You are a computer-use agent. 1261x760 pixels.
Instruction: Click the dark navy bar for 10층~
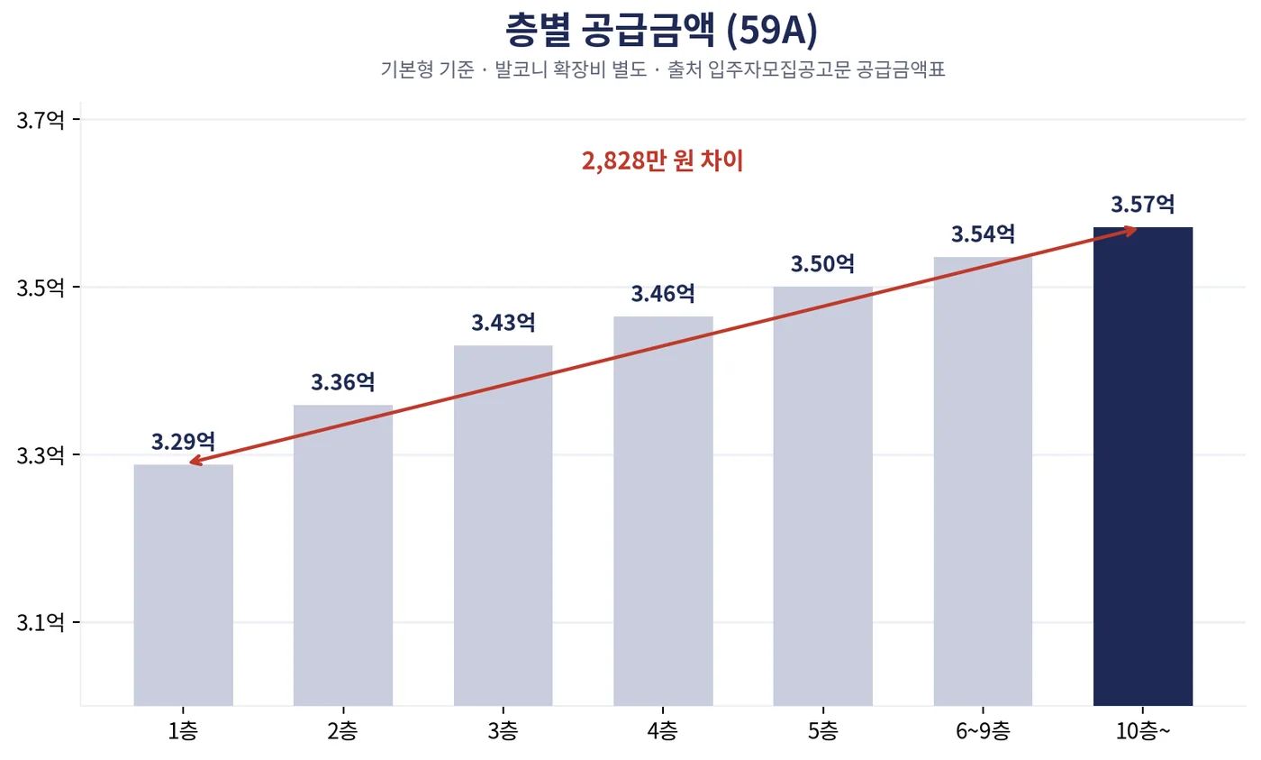(1143, 466)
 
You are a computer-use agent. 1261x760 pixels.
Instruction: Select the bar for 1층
(183, 585)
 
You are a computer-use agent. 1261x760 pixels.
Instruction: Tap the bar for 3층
(503, 525)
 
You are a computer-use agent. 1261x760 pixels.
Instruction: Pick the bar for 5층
(822, 496)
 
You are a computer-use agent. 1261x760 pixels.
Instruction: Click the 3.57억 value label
(1143, 204)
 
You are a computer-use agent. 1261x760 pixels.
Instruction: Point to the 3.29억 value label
(183, 441)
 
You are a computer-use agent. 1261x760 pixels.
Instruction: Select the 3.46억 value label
(663, 294)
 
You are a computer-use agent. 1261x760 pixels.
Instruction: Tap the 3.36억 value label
(343, 382)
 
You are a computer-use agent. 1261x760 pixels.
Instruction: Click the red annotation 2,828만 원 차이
(663, 160)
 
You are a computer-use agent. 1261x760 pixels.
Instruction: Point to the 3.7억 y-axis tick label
(40, 120)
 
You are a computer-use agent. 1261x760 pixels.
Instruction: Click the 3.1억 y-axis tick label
(40, 623)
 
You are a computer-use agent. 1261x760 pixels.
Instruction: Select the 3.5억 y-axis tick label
(40, 288)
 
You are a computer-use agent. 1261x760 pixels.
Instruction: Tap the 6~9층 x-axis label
(983, 731)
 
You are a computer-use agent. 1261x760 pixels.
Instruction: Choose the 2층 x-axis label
(343, 731)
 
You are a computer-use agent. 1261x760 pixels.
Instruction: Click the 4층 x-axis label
(663, 731)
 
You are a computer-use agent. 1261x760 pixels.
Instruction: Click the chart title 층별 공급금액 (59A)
(661, 30)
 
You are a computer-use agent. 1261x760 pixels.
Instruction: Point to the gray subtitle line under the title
(663, 69)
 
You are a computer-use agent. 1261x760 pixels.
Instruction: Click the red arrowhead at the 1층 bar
(195, 461)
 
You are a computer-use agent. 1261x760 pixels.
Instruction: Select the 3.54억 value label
(983, 233)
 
